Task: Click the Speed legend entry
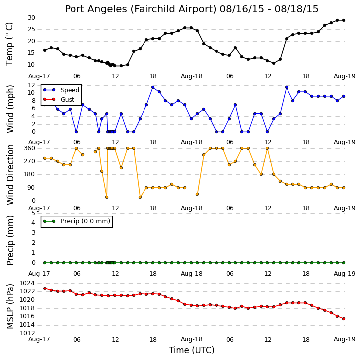61,90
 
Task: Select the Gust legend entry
59,100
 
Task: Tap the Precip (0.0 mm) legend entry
76,221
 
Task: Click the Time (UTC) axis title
192,350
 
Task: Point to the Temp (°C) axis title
9,44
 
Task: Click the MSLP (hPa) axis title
10,306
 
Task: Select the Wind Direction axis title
10,175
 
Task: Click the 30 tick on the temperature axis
31,18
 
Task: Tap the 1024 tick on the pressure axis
27,283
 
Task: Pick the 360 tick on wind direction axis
30,148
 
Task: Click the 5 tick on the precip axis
33,213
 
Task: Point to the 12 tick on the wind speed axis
31,85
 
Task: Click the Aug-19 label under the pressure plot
345,339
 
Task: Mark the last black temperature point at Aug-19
344,20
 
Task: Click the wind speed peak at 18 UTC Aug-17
153,87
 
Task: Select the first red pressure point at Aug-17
45,288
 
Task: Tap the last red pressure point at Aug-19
344,319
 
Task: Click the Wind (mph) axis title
10,109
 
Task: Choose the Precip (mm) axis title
10,241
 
